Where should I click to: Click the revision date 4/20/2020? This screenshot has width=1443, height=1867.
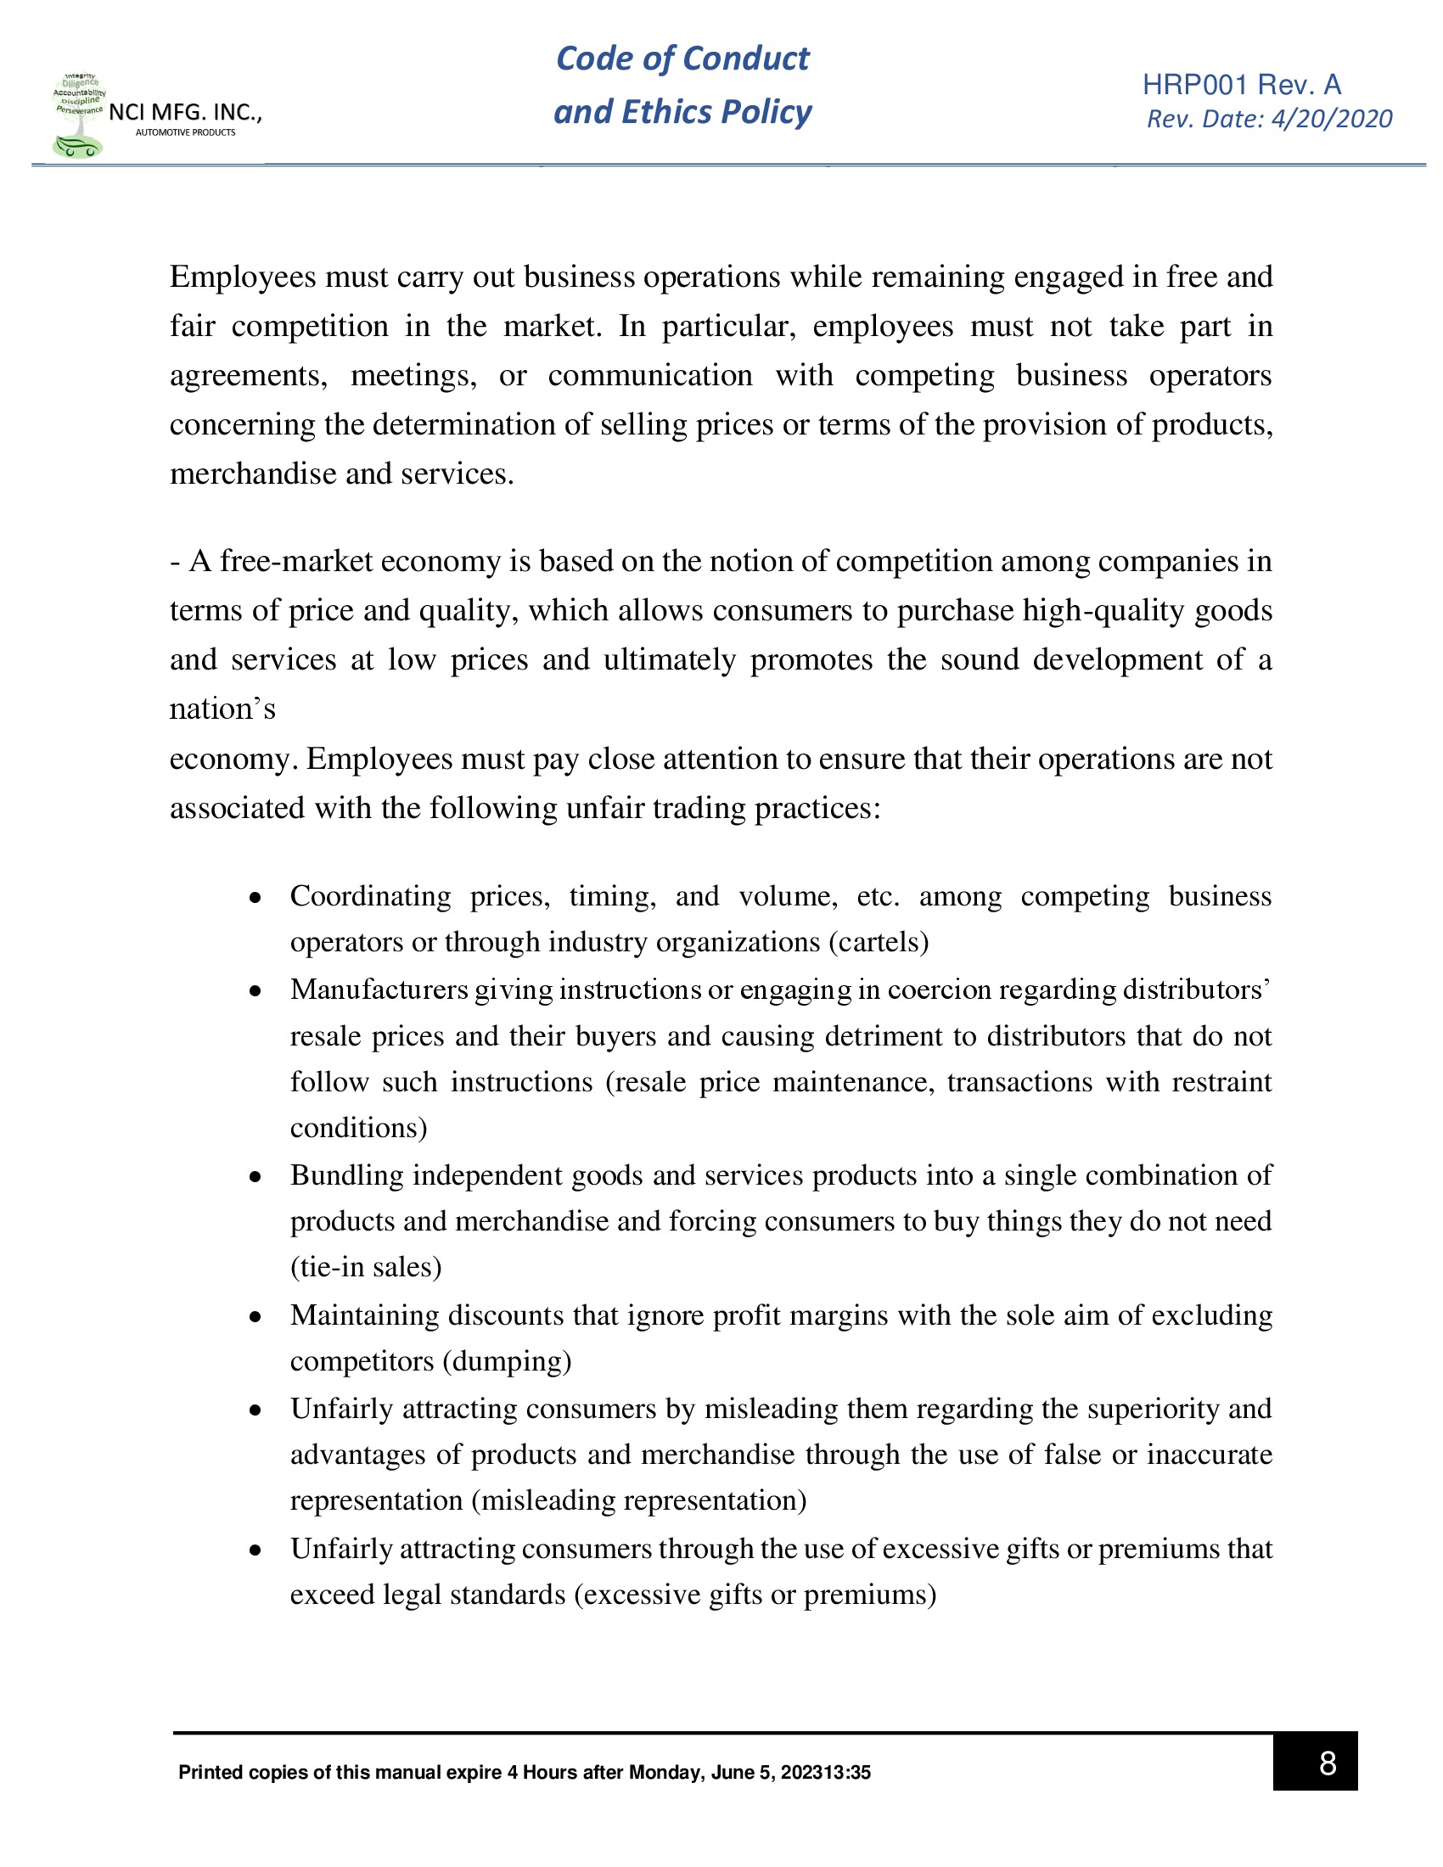(x=1331, y=119)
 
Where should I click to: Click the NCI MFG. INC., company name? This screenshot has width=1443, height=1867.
(x=186, y=112)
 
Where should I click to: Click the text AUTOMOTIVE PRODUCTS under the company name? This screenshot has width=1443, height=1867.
(x=186, y=132)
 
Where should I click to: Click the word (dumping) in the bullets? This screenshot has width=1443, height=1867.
(x=507, y=1361)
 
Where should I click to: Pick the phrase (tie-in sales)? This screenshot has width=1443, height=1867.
(x=366, y=1267)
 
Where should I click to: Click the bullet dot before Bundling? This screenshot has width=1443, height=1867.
(x=255, y=1177)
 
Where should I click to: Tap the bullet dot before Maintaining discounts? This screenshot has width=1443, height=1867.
(x=255, y=1317)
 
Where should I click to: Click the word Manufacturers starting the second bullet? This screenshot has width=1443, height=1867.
(x=379, y=989)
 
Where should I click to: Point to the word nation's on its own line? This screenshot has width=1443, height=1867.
(x=222, y=709)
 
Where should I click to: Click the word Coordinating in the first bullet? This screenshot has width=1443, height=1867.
(x=370, y=896)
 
